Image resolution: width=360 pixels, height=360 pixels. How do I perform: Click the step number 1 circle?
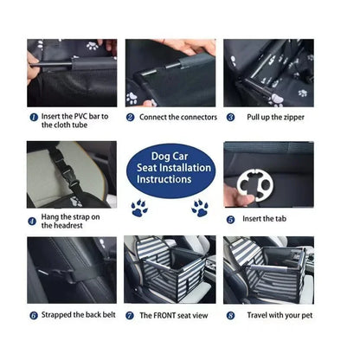pos(33,117)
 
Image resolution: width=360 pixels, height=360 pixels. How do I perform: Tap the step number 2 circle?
pos(132,117)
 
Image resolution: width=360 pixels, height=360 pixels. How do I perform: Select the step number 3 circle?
pos(231,117)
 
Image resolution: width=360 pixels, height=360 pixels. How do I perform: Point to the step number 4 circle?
pos(32,221)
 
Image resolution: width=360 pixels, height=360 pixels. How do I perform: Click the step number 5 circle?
pos(231,220)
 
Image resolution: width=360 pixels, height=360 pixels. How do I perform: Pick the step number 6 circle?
pos(33,316)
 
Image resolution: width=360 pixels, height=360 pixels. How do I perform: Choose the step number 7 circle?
pos(131,316)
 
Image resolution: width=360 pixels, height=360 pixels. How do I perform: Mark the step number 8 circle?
pos(231,316)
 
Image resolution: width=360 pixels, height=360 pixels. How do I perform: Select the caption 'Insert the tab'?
pos(265,220)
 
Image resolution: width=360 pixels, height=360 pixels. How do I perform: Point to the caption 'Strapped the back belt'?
pos(78,316)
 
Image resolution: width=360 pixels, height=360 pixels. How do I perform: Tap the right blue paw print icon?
pos(200,208)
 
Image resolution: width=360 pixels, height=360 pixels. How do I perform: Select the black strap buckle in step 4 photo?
pos(56,160)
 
